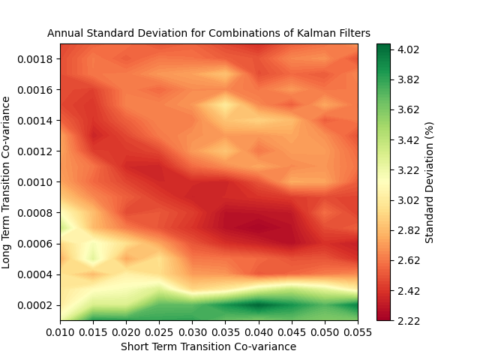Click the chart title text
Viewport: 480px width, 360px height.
pos(208,33)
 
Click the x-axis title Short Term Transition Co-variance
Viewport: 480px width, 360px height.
pos(208,346)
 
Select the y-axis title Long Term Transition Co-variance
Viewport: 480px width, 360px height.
pos(6,182)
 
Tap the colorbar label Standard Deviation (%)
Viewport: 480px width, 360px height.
pos(430,182)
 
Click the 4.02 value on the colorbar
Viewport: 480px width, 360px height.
pos(409,49)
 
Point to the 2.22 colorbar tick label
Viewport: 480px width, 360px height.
pos(409,320)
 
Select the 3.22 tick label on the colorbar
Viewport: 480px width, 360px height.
pos(409,170)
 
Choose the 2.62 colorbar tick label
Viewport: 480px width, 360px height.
pos(409,260)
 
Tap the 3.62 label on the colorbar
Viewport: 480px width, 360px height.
pos(409,109)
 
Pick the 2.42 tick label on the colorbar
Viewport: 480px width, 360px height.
pos(409,290)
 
